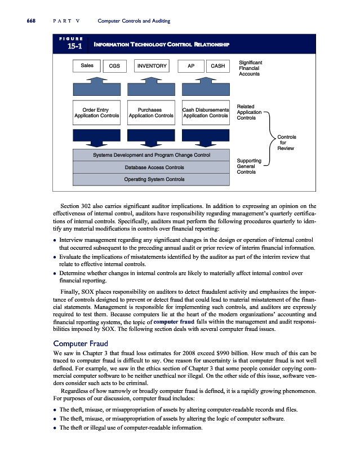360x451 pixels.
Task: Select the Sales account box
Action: point(87,66)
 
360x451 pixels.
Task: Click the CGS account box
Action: point(114,67)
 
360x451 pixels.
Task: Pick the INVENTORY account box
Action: point(152,67)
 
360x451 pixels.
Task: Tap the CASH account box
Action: point(217,67)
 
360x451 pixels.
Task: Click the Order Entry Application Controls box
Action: point(96,113)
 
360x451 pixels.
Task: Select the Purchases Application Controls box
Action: point(150,113)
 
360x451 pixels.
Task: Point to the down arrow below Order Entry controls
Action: point(96,137)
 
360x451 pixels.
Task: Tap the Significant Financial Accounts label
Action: point(251,68)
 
